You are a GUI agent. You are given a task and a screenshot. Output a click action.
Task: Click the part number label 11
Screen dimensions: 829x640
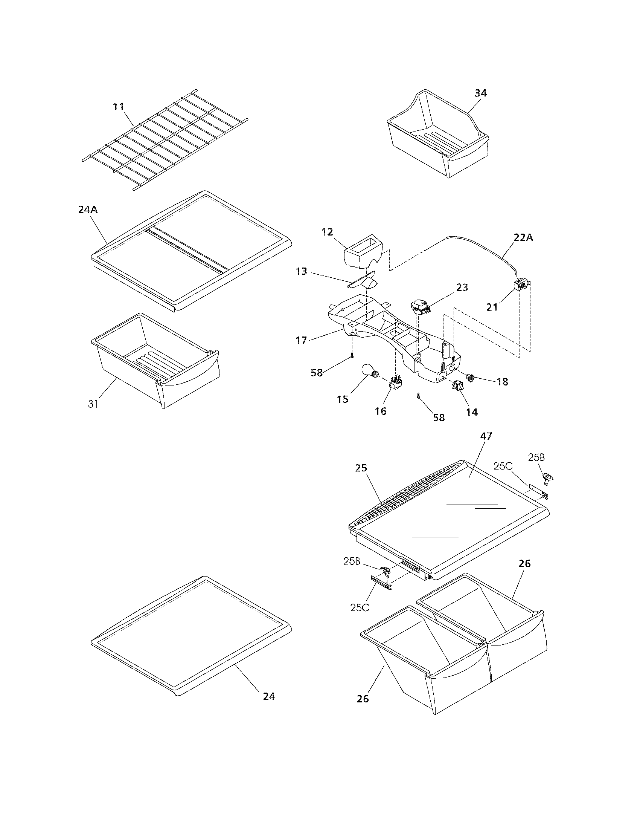(119, 107)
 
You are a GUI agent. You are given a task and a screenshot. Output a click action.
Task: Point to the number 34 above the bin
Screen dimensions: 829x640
(481, 93)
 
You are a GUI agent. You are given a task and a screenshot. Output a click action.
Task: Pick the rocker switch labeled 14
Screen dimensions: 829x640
(456, 386)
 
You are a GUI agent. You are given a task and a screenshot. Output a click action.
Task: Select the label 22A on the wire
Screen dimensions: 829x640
(524, 238)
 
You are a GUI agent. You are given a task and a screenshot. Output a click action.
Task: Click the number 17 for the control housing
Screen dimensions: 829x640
(302, 340)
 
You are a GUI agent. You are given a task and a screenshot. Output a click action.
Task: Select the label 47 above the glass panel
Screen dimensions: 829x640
(486, 436)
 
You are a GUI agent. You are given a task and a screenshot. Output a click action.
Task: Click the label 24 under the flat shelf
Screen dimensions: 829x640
(269, 696)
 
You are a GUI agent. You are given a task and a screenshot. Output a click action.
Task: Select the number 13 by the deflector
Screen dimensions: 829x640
(302, 272)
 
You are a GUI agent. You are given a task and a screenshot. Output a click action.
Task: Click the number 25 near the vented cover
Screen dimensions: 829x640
(361, 468)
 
